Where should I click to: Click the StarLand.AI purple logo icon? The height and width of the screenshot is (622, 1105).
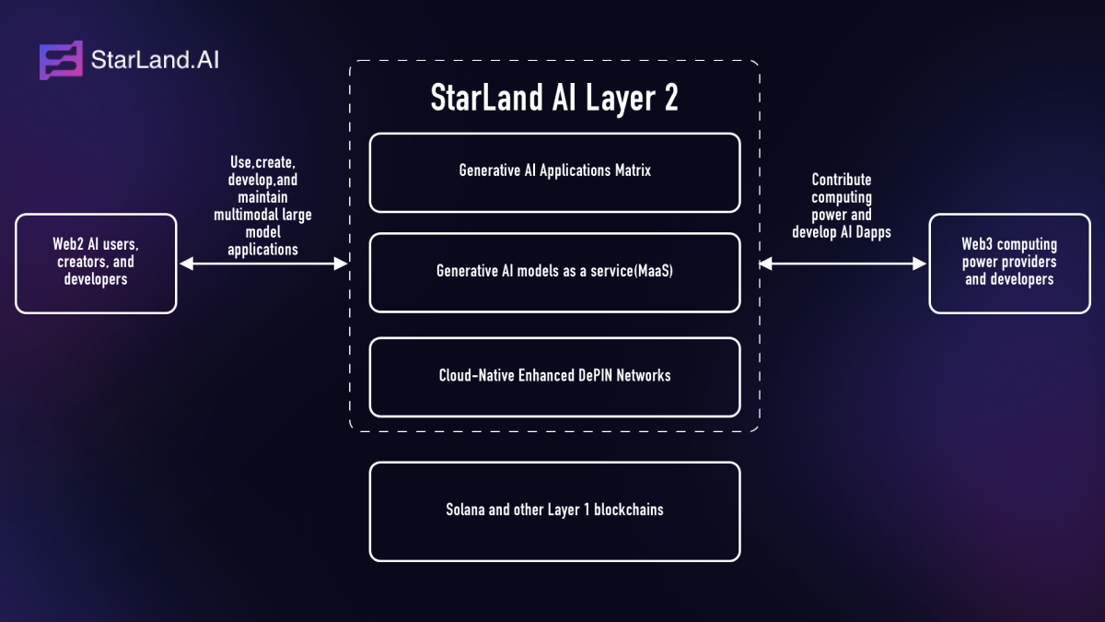(61, 61)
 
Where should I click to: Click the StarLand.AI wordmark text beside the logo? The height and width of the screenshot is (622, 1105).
(155, 61)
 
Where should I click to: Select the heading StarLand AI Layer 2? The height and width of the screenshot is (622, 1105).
(554, 98)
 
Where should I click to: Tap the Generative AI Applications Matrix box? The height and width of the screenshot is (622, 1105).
(554, 172)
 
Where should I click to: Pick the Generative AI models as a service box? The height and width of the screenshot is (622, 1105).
(554, 273)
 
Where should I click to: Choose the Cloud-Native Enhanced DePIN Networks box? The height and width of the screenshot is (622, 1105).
(554, 377)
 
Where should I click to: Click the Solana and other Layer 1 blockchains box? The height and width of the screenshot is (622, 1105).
(554, 511)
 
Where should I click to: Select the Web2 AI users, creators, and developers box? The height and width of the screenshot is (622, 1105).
(96, 264)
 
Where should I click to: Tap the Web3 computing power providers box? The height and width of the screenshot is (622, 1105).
(1009, 264)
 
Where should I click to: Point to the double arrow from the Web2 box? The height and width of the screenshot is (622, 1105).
(262, 264)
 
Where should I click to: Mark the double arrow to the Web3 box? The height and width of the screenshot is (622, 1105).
(842, 264)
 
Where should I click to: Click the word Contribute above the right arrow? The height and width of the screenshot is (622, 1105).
(841, 180)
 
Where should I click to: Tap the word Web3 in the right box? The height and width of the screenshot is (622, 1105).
(977, 245)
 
